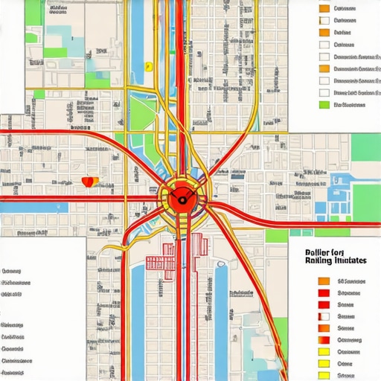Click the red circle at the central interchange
[x=179, y=199]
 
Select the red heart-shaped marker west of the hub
[x=89, y=181]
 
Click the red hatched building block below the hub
[x=159, y=262]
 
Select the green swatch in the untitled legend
[x=324, y=105]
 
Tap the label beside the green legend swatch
[x=350, y=105]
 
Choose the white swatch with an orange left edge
[x=324, y=81]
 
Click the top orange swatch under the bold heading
[x=324, y=281]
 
